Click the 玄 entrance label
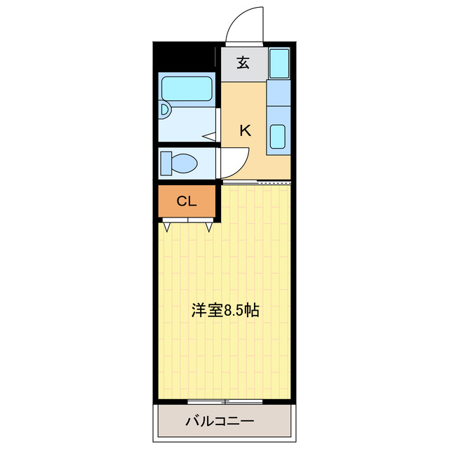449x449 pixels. pyautogui.click(x=243, y=63)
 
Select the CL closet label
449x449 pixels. pyautogui.click(x=186, y=201)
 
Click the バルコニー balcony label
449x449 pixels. pyautogui.click(x=220, y=422)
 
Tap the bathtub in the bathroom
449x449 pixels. pyautogui.click(x=187, y=89)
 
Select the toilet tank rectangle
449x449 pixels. pyautogui.click(x=166, y=163)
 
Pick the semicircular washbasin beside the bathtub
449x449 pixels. pyautogui.click(x=163, y=111)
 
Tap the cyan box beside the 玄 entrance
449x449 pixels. pyautogui.click(x=279, y=64)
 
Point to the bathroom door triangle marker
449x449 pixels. pyautogui.click(x=209, y=136)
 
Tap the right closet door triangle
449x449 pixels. pyautogui.click(x=209, y=226)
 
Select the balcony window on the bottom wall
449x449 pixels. pyautogui.click(x=224, y=401)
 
